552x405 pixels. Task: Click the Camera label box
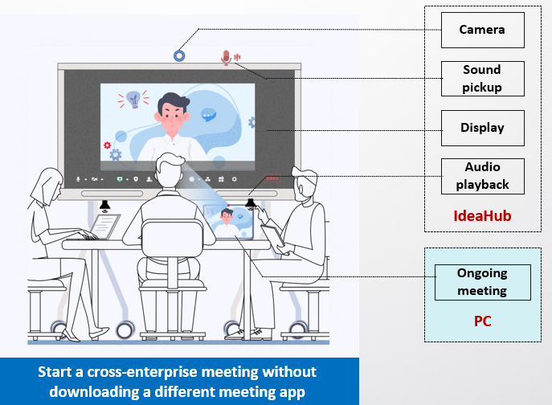[483, 30]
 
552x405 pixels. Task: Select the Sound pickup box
[483, 79]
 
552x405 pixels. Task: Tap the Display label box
[483, 128]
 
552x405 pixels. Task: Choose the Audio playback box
[483, 176]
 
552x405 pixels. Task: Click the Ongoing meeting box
[483, 282]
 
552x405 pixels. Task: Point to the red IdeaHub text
[482, 216]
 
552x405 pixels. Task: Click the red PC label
[483, 321]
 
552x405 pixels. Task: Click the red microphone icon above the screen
[227, 58]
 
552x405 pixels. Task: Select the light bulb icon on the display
[133, 100]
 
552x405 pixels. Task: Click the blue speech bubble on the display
[208, 115]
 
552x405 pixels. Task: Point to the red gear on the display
[107, 145]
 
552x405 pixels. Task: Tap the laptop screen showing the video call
[229, 222]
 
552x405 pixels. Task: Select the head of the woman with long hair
[49, 186]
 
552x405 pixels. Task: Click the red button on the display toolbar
[272, 178]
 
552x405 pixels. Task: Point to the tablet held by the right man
[274, 236]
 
